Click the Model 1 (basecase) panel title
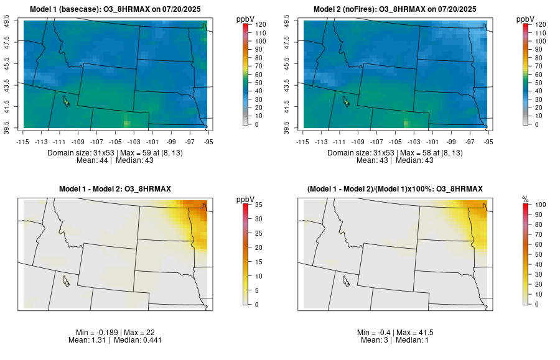[x=118, y=9]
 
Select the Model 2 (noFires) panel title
[x=398, y=9]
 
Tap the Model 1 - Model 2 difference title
[x=115, y=188]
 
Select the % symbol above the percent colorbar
[x=525, y=199]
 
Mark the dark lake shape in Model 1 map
[x=65, y=100]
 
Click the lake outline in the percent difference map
[x=345, y=280]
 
